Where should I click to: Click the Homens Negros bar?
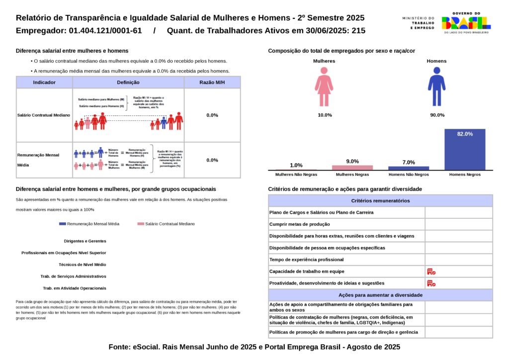(x=465, y=149)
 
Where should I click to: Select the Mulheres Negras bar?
(x=352, y=168)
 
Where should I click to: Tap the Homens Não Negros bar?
(x=409, y=168)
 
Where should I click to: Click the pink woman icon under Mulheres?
(x=324, y=87)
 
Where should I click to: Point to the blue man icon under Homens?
(x=436, y=87)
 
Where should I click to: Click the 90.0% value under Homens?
(x=437, y=115)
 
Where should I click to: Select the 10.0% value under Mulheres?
(x=325, y=115)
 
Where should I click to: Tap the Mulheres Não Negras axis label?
(x=296, y=175)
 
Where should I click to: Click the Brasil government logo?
(x=466, y=22)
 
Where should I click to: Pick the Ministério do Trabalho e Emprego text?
(x=418, y=23)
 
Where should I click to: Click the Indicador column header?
(x=44, y=83)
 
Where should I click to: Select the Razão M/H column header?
(x=212, y=83)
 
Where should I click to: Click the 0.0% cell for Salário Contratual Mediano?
(x=212, y=115)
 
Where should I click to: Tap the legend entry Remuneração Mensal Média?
(x=89, y=224)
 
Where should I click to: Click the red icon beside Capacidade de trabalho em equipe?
(x=431, y=271)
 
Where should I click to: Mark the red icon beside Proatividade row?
(x=431, y=283)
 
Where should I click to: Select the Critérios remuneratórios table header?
(x=380, y=201)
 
